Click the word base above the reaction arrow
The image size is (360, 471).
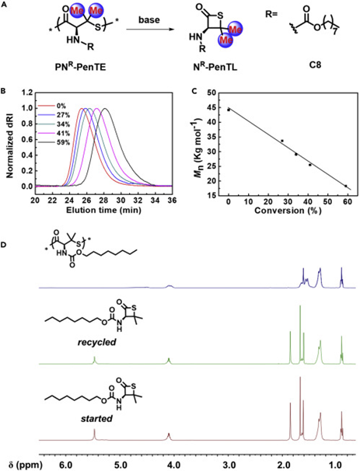click(x=149, y=20)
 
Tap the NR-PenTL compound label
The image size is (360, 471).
click(x=215, y=67)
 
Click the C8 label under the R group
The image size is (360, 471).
click(x=315, y=65)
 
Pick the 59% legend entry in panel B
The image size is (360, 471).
click(x=64, y=142)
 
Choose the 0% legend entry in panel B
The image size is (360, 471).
click(x=61, y=106)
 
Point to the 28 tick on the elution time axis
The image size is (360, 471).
click(x=104, y=200)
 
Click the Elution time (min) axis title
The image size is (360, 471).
click(x=103, y=210)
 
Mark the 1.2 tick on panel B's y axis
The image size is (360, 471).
click(x=26, y=92)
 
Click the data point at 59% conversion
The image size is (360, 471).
click(x=345, y=186)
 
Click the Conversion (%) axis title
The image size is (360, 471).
click(x=288, y=211)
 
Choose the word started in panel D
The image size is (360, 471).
click(x=96, y=418)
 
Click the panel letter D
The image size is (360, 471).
click(x=4, y=245)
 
